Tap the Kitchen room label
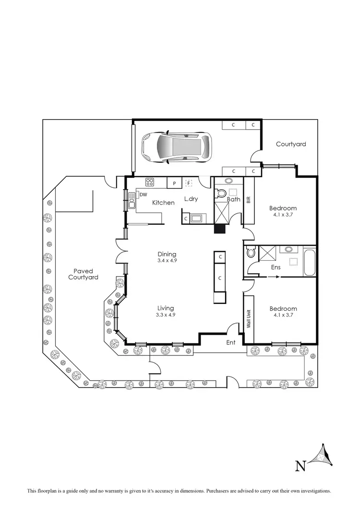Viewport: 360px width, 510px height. click(x=163, y=203)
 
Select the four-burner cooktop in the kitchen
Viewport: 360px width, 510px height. click(x=150, y=182)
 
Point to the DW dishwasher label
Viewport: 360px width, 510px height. click(x=143, y=194)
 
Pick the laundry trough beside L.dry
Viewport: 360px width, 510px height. click(x=197, y=218)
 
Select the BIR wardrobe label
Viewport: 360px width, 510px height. click(x=249, y=200)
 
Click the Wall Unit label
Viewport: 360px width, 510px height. click(x=249, y=318)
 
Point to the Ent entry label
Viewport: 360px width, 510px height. click(x=231, y=342)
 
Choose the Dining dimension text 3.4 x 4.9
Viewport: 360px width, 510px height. click(x=167, y=261)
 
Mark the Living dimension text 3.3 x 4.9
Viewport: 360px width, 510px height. click(x=165, y=315)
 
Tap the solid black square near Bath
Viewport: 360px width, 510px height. click(x=219, y=229)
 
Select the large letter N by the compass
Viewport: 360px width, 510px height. click(x=300, y=465)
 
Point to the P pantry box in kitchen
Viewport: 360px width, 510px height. click(x=174, y=183)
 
